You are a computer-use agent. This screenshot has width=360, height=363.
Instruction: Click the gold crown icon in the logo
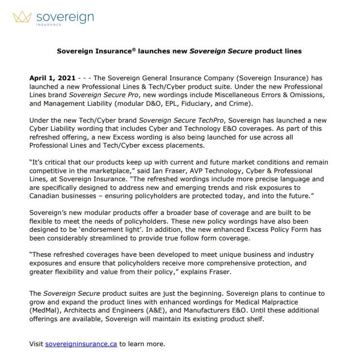point(22,17)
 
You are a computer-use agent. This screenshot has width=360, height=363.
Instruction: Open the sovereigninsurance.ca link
point(81,344)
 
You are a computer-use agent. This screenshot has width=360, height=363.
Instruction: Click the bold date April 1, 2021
point(53,78)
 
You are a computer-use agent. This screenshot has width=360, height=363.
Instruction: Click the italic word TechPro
point(210,121)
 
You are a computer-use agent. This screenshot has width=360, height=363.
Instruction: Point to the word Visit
point(36,344)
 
